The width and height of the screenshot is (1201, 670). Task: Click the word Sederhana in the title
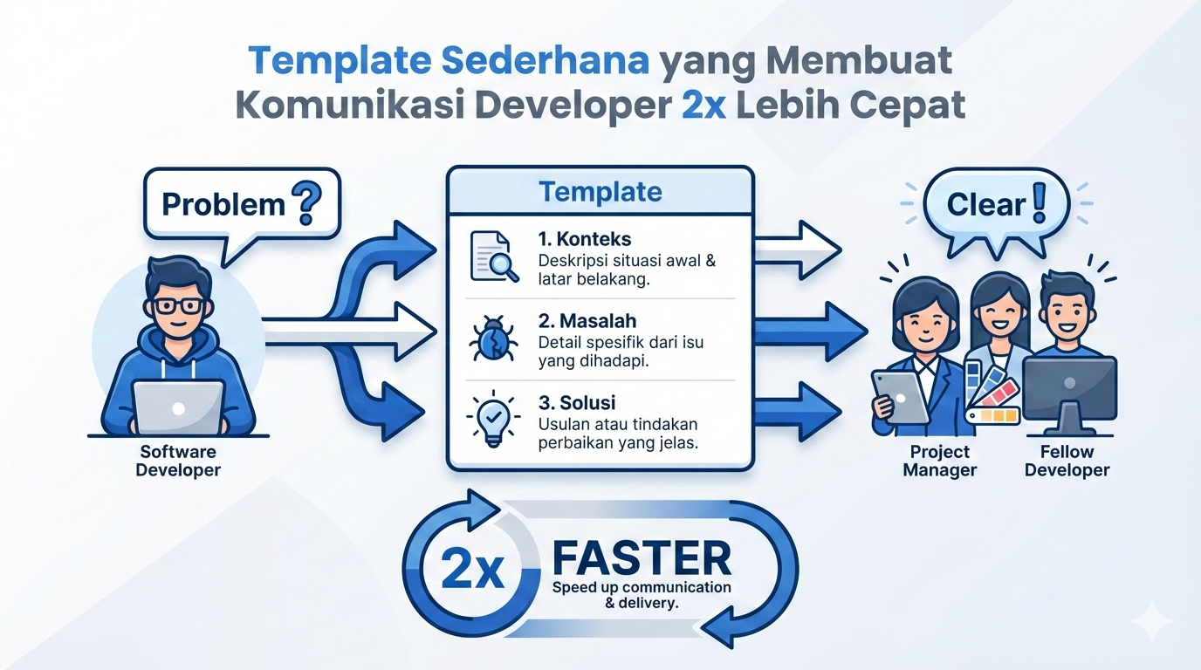tap(546, 60)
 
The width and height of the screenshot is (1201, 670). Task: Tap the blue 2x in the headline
tap(704, 106)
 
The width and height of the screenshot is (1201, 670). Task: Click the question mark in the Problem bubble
tap(306, 202)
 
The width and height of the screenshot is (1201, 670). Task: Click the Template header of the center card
tap(600, 192)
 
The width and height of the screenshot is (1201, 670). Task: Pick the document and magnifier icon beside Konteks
tap(494, 256)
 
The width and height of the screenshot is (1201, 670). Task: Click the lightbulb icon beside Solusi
tap(493, 419)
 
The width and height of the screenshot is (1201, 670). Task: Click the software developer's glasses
tap(179, 306)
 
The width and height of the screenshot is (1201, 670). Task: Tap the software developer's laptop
tap(179, 407)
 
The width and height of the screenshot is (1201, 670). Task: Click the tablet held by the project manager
tap(900, 397)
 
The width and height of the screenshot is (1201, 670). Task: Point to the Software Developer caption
tap(178, 461)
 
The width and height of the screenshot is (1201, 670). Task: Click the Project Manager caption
tap(940, 461)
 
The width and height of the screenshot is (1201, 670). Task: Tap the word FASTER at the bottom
tap(642, 558)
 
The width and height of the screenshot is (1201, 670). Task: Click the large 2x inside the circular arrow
tap(472, 569)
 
